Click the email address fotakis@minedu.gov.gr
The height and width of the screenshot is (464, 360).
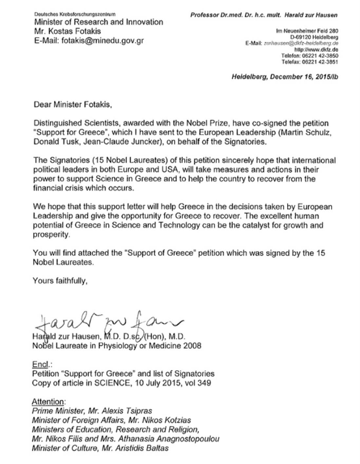click(103, 41)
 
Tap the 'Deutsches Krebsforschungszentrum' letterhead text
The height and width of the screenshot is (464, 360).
click(75, 14)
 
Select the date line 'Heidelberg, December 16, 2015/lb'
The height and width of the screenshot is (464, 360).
click(285, 77)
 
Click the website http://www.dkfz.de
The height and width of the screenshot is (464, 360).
click(316, 50)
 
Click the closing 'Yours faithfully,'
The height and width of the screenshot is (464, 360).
click(60, 281)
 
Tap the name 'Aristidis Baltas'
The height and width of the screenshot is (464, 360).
click(142, 448)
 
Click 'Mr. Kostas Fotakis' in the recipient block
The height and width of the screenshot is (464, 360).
click(67, 31)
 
